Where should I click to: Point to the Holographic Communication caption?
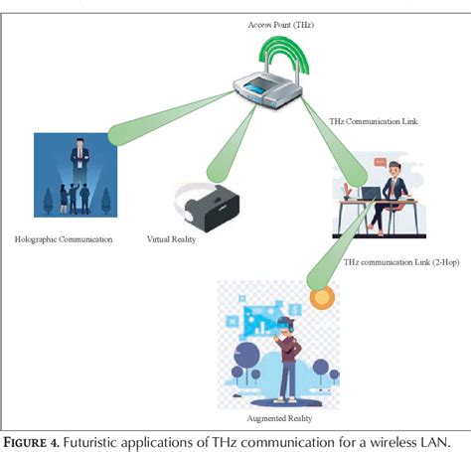pyautogui.click(x=64, y=239)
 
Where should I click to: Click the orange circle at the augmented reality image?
pyautogui.click(x=321, y=296)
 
